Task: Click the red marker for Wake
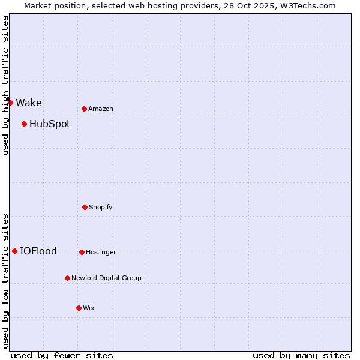[10, 103]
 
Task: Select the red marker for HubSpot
[24, 124]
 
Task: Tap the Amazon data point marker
[84, 109]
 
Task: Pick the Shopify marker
[85, 207]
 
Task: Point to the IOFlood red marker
[14, 251]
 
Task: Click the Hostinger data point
[82, 252]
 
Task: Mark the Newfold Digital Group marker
[67, 278]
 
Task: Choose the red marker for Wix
[79, 308]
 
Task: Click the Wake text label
[29, 103]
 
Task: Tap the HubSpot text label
[50, 124]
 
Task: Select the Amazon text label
[101, 109]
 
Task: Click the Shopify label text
[101, 207]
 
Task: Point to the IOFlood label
[38, 251]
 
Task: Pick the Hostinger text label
[101, 252]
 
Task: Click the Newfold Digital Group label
[106, 278]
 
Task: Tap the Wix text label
[89, 308]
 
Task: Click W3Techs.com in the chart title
[306, 5]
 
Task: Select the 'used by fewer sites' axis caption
[62, 355]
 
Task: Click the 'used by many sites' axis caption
[301, 355]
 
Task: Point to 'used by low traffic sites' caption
[5, 280]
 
